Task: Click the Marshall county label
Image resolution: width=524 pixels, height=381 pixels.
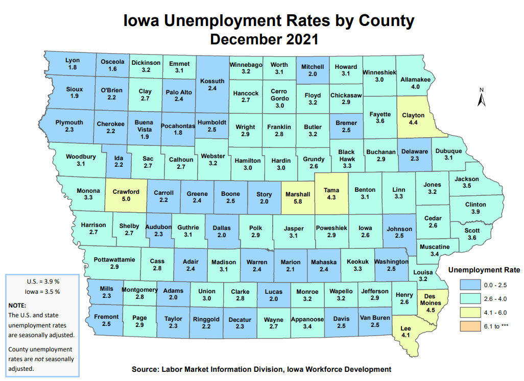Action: click(x=298, y=194)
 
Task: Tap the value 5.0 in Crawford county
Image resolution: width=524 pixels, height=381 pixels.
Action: click(x=126, y=199)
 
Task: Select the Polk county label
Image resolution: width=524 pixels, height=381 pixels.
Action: click(x=256, y=228)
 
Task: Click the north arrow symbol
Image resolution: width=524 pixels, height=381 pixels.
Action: click(x=481, y=97)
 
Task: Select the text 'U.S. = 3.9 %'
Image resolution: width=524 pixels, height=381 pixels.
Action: click(x=43, y=282)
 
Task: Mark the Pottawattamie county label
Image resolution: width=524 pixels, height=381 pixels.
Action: click(x=114, y=260)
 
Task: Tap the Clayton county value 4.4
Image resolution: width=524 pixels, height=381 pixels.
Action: click(x=413, y=123)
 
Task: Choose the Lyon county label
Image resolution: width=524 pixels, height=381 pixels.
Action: click(x=73, y=61)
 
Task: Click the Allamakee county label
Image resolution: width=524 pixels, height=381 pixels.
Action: click(x=415, y=80)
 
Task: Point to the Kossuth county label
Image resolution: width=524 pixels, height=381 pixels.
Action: click(x=212, y=81)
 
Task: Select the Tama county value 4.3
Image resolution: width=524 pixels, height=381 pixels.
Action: click(x=331, y=197)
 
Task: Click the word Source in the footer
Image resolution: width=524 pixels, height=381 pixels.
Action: click(x=146, y=369)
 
